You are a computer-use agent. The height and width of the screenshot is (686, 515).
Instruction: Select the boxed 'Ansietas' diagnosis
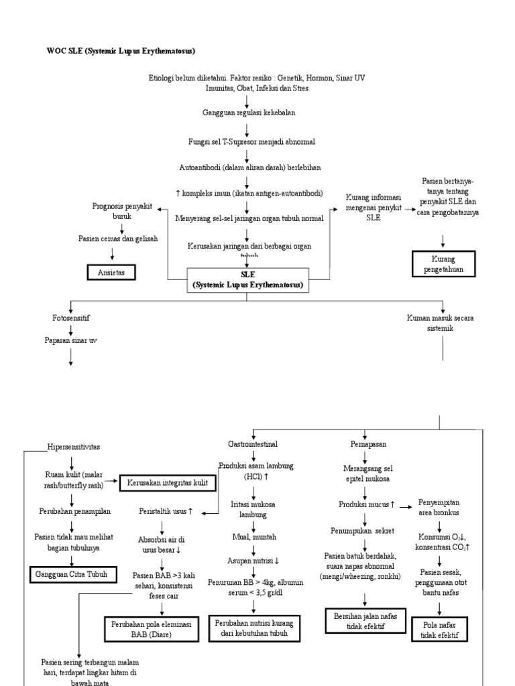pos(111,272)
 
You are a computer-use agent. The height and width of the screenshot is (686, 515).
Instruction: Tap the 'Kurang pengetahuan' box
pos(443,263)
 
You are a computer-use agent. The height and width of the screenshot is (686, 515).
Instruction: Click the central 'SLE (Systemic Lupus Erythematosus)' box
pos(248,279)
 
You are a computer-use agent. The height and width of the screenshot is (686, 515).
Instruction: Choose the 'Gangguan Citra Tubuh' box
pos(72,574)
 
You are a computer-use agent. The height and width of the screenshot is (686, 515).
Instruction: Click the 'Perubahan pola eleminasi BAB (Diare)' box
pos(151,628)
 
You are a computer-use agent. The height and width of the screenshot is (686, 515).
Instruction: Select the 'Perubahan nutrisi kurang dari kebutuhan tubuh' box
pos(253,628)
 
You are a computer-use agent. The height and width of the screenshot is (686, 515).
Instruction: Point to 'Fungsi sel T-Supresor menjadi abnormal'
pos(247,142)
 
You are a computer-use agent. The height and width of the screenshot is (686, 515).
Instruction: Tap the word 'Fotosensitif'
pos(71,318)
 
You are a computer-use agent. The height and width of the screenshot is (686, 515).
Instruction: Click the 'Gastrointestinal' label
pos(253,443)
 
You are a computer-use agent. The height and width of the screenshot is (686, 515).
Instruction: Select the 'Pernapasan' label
pos(364,443)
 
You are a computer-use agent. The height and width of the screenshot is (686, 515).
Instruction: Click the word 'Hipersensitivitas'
pos(74,447)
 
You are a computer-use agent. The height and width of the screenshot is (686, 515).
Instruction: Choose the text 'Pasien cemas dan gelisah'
pos(118,238)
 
